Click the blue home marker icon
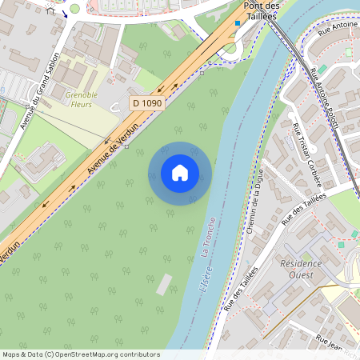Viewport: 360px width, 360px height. coord(180,173)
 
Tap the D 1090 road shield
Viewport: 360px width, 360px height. coord(147,103)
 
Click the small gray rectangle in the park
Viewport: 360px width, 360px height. coord(164,284)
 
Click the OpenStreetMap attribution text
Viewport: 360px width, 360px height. coord(80,354)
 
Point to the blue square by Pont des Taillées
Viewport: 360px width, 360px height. coord(237,22)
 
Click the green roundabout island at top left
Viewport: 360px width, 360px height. coord(74,8)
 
